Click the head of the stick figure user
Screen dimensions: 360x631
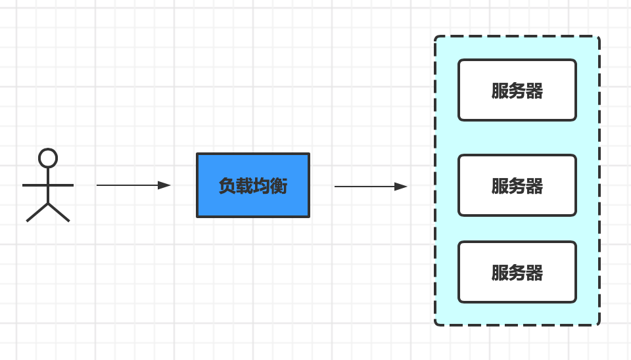click(48, 158)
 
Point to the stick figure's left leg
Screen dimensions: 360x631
click(37, 213)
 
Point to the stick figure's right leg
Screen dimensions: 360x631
click(59, 213)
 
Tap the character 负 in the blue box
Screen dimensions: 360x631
click(227, 186)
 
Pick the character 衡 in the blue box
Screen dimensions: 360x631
click(279, 186)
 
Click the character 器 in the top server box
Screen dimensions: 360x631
click(535, 91)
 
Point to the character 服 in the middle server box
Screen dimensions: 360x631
click(500, 186)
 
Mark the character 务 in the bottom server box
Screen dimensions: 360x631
click(517, 273)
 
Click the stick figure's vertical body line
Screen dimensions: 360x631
click(48, 194)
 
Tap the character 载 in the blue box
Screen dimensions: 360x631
click(245, 186)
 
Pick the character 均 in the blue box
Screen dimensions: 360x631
click(262, 186)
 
